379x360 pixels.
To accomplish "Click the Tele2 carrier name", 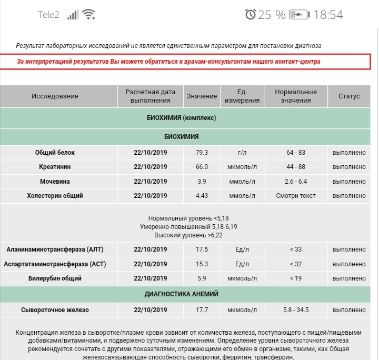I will [48, 15].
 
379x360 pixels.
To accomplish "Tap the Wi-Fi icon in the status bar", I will [88, 14].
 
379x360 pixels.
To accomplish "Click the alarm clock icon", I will [250, 14].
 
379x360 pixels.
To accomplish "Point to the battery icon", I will [300, 14].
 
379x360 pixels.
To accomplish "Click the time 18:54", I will [327, 15].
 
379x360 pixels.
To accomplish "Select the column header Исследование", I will [55, 96].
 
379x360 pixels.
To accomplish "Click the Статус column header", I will [349, 96].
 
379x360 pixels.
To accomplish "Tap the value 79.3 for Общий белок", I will [202, 153].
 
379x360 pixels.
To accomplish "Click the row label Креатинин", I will [55, 167].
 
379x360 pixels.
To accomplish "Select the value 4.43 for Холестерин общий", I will [202, 196].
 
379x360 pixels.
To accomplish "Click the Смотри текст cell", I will [296, 196].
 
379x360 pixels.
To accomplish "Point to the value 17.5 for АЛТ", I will [202, 249].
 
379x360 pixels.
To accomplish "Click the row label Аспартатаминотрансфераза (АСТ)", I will [55, 264].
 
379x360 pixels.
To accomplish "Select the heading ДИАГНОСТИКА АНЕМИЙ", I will [181, 294].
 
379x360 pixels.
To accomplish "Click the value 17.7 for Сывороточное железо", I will [202, 310].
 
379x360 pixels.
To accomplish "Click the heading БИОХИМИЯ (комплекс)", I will [181, 118].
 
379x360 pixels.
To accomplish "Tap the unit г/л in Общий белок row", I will [242, 153].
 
